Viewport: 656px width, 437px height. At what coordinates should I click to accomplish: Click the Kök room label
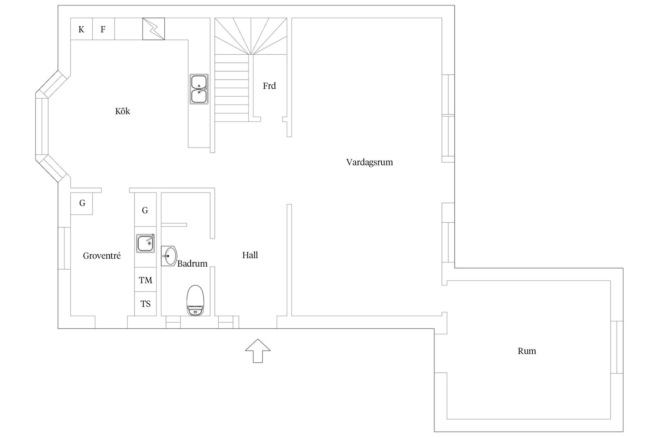point(122,111)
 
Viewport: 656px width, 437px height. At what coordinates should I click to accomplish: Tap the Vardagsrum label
point(369,163)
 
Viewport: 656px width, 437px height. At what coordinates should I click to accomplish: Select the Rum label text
point(527,351)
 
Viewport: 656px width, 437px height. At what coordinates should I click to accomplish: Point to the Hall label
point(250,255)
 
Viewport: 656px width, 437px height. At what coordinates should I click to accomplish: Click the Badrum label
point(192,264)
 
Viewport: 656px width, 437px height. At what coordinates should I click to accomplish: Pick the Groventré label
point(102,256)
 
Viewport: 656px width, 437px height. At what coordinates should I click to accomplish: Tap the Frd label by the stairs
point(269,86)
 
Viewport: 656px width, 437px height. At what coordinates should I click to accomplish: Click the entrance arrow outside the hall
point(258,351)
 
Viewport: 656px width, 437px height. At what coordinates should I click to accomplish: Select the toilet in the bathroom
point(195,300)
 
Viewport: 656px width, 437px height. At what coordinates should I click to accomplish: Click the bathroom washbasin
point(169,256)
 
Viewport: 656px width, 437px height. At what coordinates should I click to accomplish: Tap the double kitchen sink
point(199,89)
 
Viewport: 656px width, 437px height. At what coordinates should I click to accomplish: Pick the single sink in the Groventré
point(146,243)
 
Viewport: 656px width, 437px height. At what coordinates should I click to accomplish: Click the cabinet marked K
point(81,29)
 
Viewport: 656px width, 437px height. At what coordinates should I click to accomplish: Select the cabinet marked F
point(103,29)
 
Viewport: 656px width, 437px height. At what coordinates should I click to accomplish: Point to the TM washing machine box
point(146,280)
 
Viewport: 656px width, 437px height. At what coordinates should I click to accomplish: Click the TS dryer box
point(146,304)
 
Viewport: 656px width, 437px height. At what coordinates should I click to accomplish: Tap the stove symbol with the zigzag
point(153,29)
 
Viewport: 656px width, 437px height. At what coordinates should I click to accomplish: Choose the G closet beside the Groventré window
point(82,203)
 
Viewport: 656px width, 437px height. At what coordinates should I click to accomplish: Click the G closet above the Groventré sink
point(146,209)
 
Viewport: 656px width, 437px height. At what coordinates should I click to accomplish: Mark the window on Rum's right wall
point(617,347)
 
